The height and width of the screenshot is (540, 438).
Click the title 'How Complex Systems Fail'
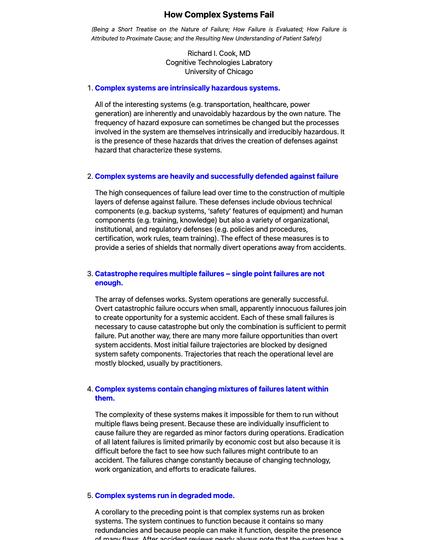click(219, 15)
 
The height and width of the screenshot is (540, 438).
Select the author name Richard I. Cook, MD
click(219, 53)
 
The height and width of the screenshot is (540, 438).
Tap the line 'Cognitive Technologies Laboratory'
click(219, 62)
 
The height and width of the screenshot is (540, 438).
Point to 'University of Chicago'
click(219, 72)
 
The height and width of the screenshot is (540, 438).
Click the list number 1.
click(90, 88)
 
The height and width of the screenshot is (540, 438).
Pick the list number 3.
click(90, 274)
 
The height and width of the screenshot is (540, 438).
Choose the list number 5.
click(90, 495)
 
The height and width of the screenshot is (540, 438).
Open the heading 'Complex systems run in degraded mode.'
click(165, 495)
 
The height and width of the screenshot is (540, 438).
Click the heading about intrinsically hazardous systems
click(187, 88)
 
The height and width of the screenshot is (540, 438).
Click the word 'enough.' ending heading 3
click(109, 283)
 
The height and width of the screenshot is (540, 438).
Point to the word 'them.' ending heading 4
click(105, 398)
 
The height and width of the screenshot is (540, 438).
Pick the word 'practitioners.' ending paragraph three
click(201, 363)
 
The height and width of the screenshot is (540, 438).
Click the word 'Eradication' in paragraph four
click(326, 433)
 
